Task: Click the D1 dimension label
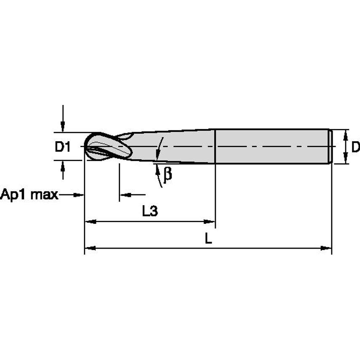pyautogui.click(x=62, y=147)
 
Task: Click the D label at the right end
pyautogui.click(x=355, y=147)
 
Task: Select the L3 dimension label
pyautogui.click(x=150, y=211)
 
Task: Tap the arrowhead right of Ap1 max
pyautogui.click(x=78, y=194)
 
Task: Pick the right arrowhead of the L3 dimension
pyautogui.click(x=210, y=221)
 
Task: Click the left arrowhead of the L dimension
pyautogui.click(x=90, y=248)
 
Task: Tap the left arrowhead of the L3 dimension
pyautogui.click(x=90, y=221)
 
